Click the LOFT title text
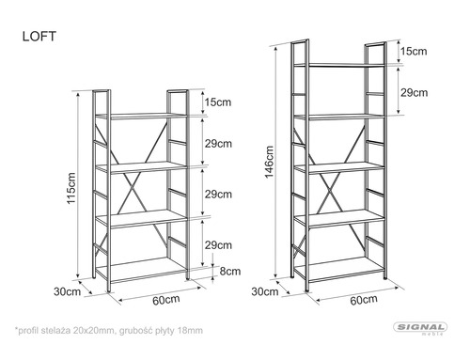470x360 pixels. (39, 37)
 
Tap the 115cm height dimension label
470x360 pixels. (71, 188)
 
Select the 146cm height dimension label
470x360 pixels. (269, 162)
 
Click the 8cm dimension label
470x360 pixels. (230, 271)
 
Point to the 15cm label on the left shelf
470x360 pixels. (218, 102)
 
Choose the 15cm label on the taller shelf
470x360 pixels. (414, 51)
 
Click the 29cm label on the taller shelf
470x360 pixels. (414, 93)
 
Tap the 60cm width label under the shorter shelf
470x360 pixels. (166, 300)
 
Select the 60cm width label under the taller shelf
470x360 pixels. (364, 300)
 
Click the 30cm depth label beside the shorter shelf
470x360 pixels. (67, 291)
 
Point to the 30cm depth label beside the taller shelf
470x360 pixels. (265, 291)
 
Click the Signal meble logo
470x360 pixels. (420, 329)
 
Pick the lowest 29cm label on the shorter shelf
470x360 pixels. (218, 245)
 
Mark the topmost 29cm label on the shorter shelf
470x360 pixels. (218, 144)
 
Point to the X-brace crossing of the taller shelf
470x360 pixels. (330, 188)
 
